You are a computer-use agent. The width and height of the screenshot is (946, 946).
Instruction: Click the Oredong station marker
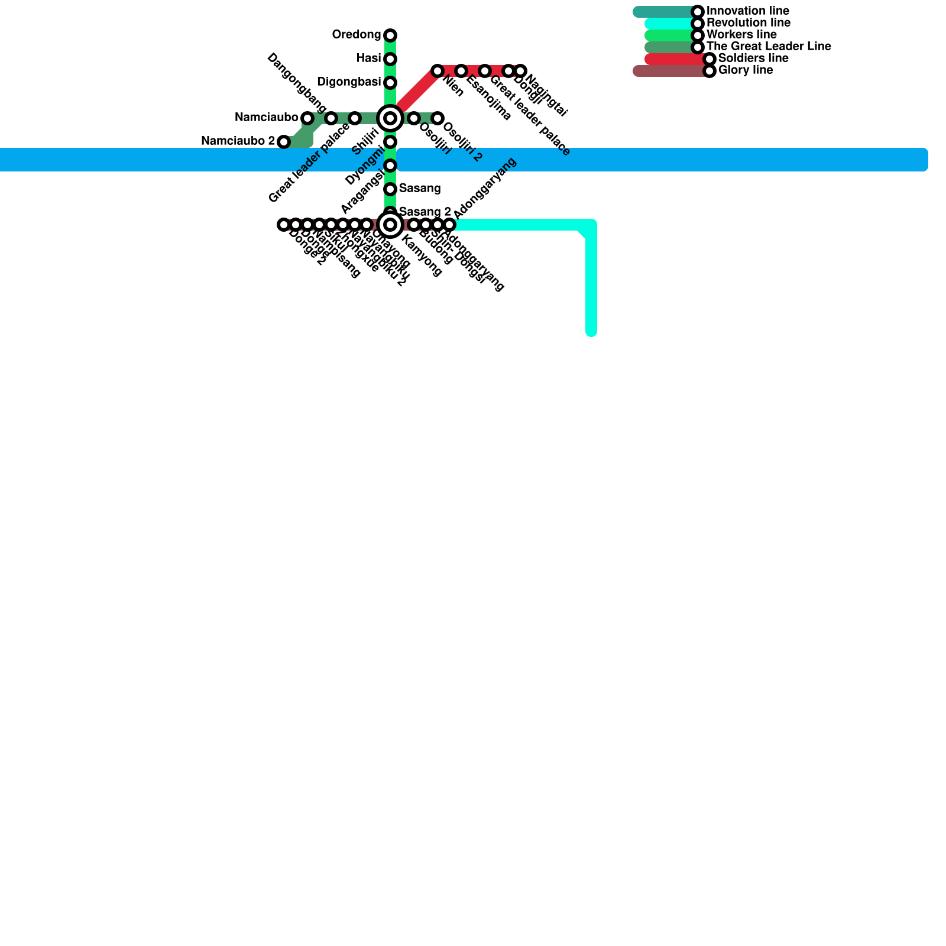click(390, 35)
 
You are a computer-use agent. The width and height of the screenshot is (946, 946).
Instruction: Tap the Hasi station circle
click(390, 59)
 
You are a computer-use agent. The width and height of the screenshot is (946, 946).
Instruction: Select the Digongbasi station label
click(348, 82)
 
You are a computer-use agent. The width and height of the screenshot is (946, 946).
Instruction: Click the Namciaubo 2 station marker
click(284, 142)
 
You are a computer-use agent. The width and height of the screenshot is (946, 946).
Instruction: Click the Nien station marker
click(438, 71)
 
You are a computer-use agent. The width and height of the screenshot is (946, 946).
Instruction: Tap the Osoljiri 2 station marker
click(438, 118)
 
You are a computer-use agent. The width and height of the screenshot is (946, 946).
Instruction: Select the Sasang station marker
click(390, 189)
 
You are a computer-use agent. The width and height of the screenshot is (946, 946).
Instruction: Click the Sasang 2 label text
click(425, 212)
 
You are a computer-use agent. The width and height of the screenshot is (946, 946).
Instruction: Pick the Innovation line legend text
click(747, 11)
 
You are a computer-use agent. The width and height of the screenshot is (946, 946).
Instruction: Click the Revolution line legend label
click(748, 23)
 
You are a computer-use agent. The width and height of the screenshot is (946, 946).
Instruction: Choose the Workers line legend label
click(741, 35)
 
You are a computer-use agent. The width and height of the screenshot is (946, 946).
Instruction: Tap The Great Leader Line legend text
click(769, 47)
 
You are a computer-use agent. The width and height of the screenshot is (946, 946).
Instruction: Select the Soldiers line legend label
click(753, 59)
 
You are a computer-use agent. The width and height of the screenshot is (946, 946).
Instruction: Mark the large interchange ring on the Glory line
click(390, 225)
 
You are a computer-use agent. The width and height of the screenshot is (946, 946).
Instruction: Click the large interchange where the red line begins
click(390, 118)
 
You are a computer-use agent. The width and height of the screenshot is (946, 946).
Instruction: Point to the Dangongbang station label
click(297, 83)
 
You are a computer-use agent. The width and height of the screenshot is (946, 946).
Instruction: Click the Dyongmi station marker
click(390, 166)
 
